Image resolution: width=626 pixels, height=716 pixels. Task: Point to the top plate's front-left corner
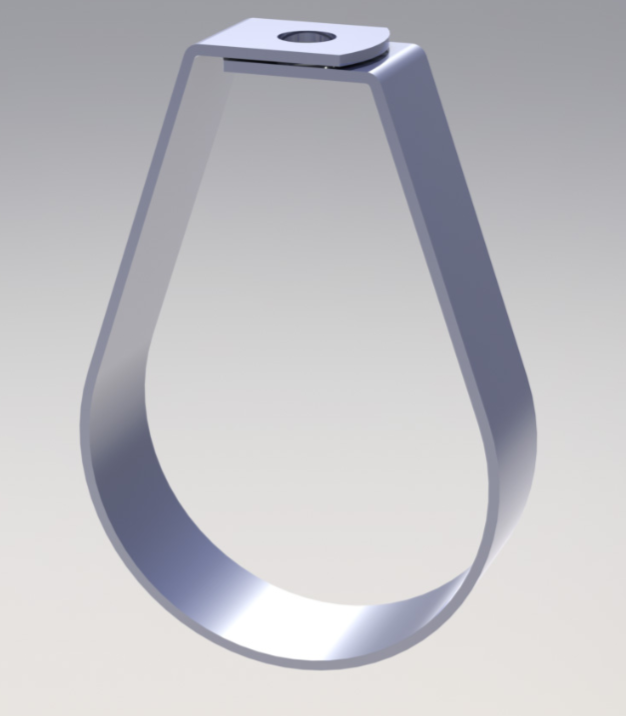(195, 46)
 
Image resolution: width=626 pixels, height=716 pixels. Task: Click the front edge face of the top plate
(280, 58)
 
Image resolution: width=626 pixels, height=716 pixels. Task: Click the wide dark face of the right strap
(469, 250)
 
